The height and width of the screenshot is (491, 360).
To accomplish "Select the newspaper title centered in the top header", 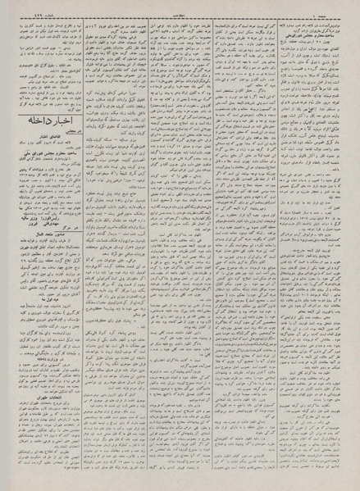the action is (180, 7).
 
